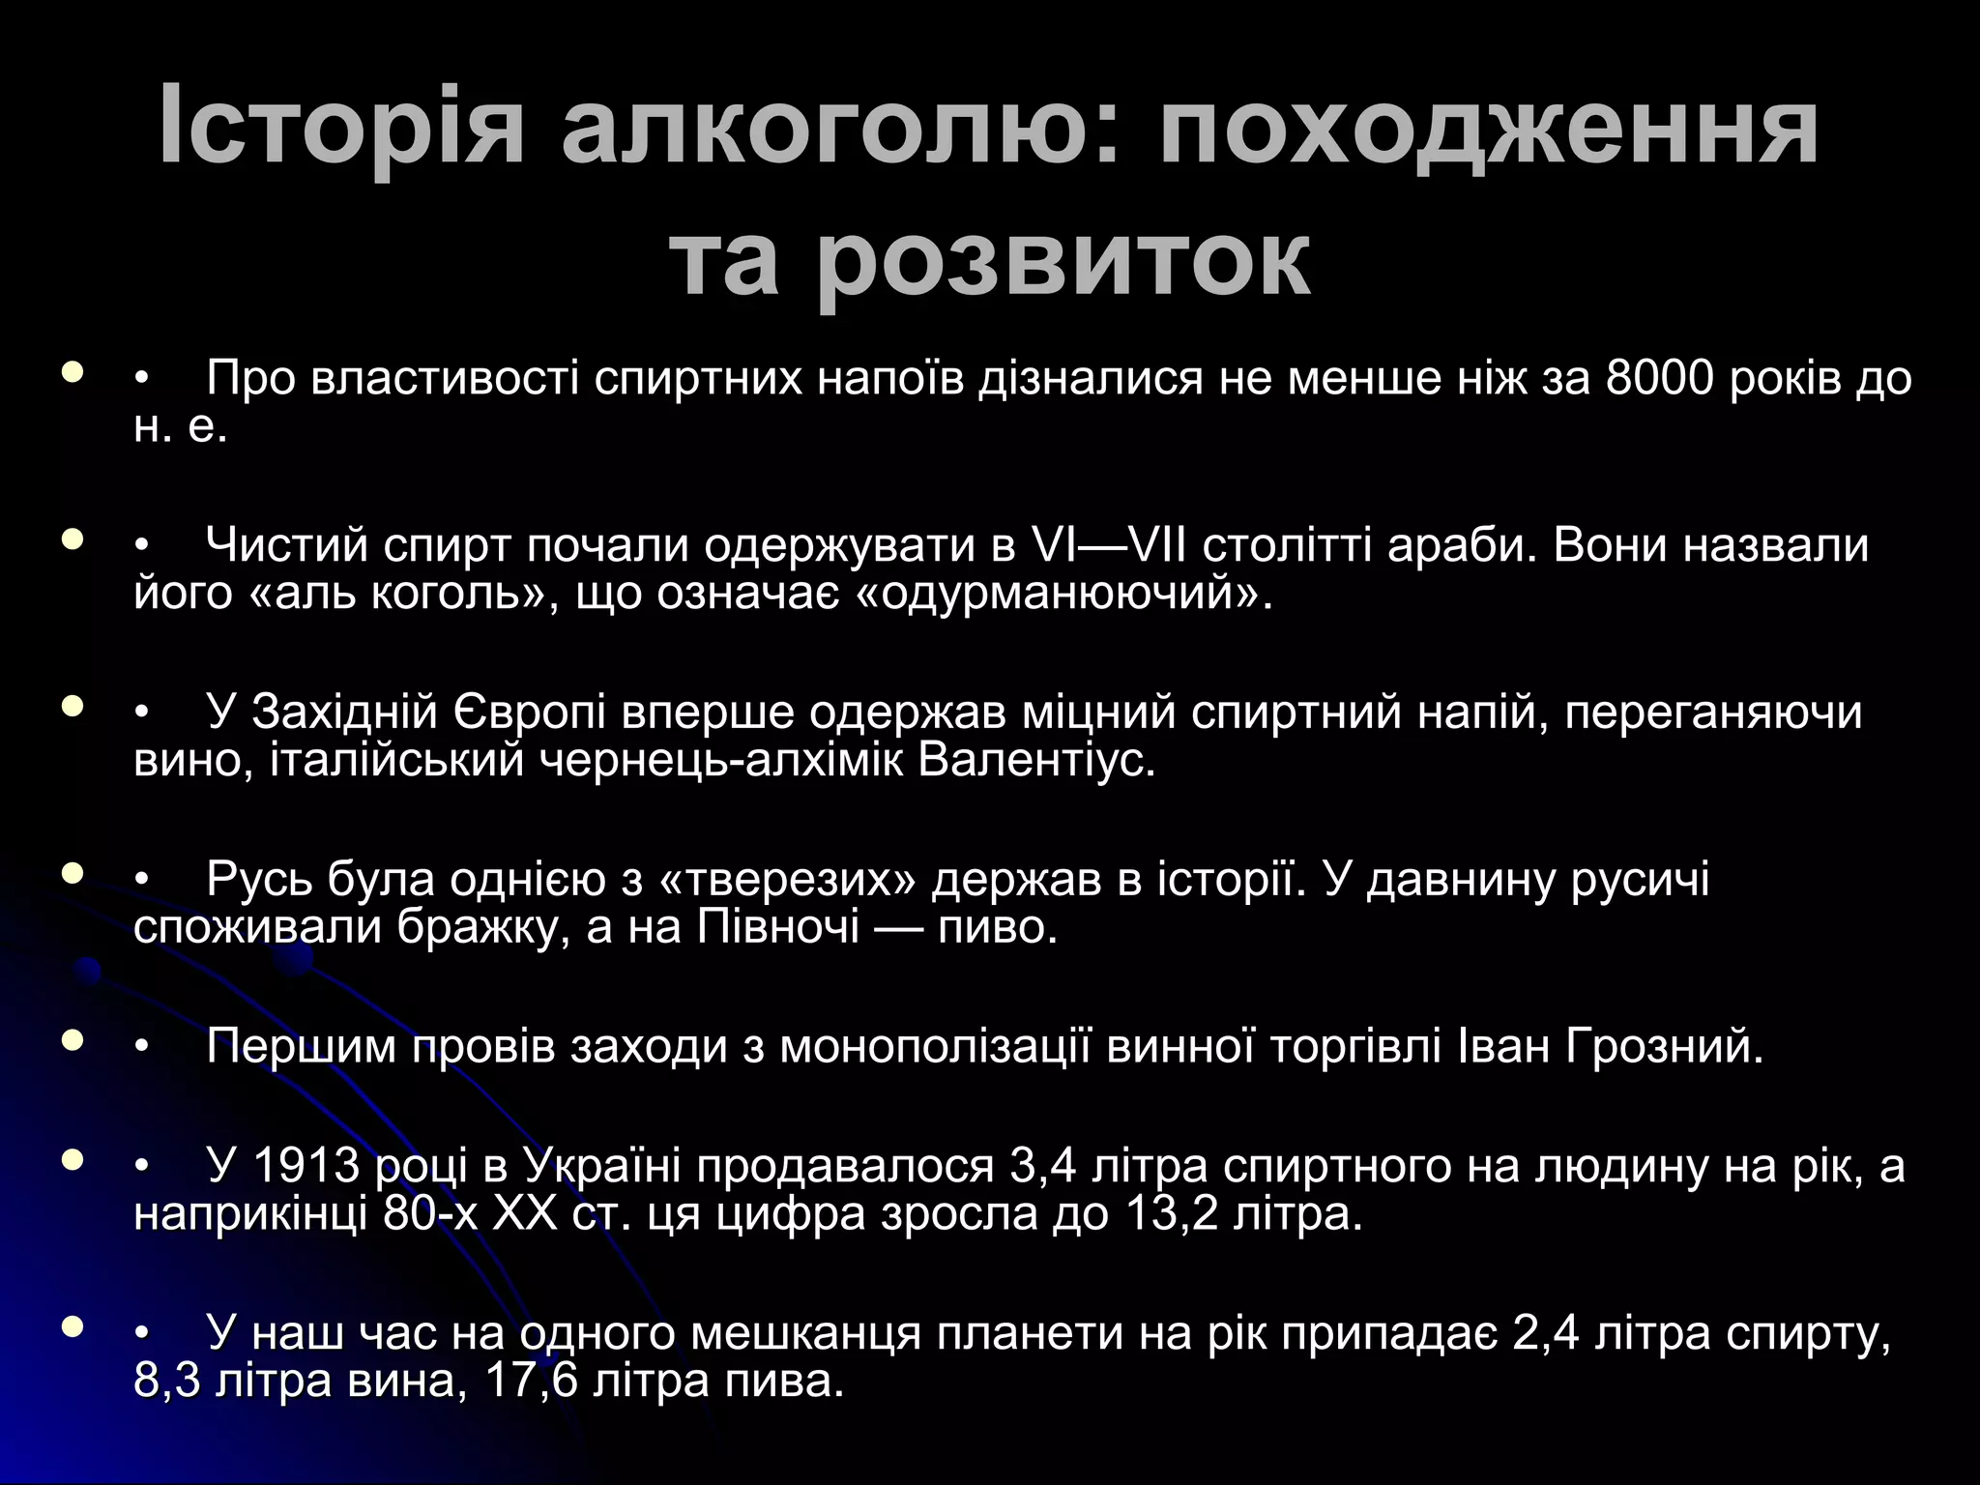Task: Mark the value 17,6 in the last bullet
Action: (x=531, y=1380)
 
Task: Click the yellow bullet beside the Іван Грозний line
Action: (x=72, y=1041)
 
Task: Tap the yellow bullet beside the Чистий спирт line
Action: (x=72, y=539)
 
